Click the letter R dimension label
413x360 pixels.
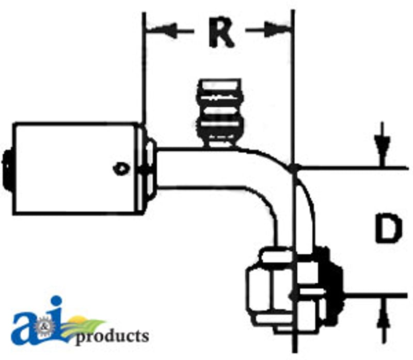pyautogui.click(x=221, y=33)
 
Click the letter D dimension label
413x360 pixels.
pyautogui.click(x=389, y=229)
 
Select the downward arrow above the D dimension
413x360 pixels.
pyautogui.click(x=383, y=144)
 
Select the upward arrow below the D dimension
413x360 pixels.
pyautogui.click(x=383, y=320)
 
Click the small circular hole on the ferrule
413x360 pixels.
pyautogui.click(x=121, y=168)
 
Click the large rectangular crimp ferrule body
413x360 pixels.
pyautogui.click(x=76, y=169)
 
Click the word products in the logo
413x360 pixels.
pyautogui.click(x=112, y=337)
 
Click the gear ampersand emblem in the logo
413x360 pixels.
pyautogui.click(x=43, y=328)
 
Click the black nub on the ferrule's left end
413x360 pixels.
pyautogui.click(x=7, y=169)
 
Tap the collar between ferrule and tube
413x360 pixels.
pyautogui.click(x=149, y=169)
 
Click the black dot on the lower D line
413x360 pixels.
pyautogui.click(x=294, y=296)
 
